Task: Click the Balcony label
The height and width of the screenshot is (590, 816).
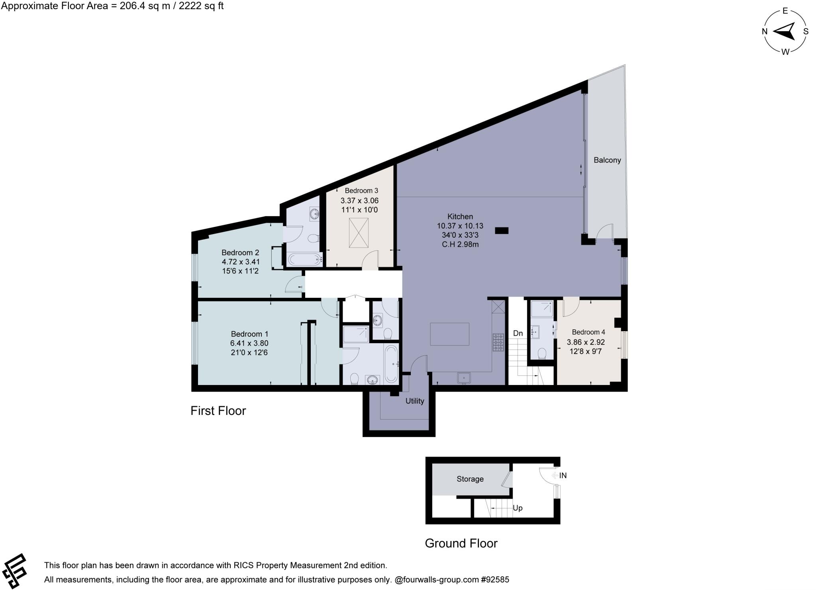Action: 607,160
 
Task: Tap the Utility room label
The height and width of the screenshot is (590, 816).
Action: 414,401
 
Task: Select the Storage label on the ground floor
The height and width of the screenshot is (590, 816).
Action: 470,479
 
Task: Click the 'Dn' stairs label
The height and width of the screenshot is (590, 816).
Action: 518,333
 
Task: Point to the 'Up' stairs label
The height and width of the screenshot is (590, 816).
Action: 517,508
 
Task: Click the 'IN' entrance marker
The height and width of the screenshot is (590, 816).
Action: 563,475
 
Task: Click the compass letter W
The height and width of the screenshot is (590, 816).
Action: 785,52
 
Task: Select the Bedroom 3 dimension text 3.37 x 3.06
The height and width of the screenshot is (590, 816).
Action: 359,201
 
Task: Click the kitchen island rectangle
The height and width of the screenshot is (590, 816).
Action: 449,334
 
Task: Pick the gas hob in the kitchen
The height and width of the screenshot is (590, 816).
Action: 498,342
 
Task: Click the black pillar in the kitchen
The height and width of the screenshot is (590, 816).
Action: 502,230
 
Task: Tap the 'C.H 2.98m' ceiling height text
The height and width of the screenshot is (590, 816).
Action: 460,244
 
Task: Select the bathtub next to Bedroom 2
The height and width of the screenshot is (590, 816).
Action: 305,260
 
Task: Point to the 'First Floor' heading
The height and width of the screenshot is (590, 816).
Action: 218,411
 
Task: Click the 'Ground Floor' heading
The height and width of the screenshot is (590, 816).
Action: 461,543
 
